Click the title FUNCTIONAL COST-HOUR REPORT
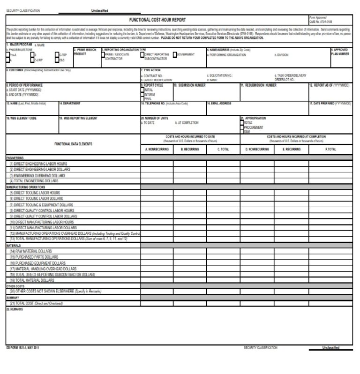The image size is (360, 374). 157,20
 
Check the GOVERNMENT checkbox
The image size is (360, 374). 175,55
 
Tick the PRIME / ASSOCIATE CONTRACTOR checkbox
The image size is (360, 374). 103,55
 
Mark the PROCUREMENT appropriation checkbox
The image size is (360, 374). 242,127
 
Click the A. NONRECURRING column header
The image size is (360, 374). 157,149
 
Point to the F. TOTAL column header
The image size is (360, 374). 330,149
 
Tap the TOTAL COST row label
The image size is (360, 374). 36,303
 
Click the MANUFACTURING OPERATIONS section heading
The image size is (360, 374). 26,187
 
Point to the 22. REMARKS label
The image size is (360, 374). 15,309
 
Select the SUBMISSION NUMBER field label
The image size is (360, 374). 191,85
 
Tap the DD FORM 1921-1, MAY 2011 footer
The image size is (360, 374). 22,347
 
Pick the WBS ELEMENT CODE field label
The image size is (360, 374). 22,118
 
